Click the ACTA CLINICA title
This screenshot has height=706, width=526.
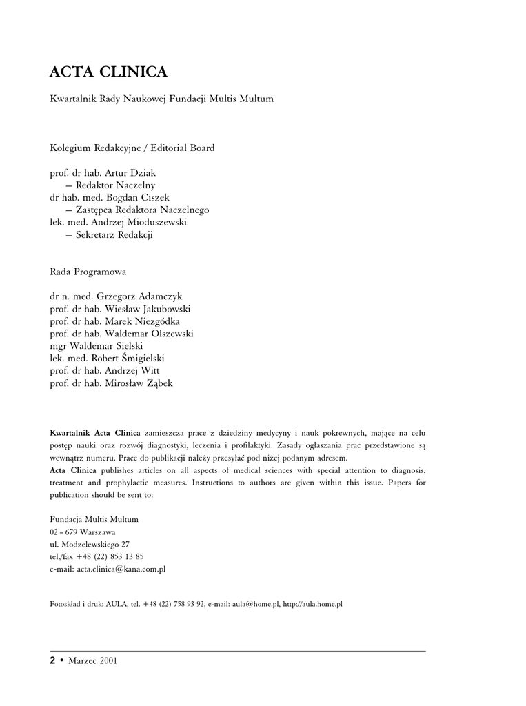pyautogui.click(x=108, y=72)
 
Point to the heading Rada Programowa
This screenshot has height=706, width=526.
pyautogui.click(x=88, y=272)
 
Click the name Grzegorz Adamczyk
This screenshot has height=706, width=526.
pyautogui.click(x=140, y=296)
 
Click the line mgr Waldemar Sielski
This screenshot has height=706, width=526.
pyautogui.click(x=97, y=346)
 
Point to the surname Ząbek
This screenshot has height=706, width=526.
pyautogui.click(x=158, y=383)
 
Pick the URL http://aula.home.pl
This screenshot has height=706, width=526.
pyautogui.click(x=313, y=604)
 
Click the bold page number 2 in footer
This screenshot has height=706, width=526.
pyautogui.click(x=52, y=660)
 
